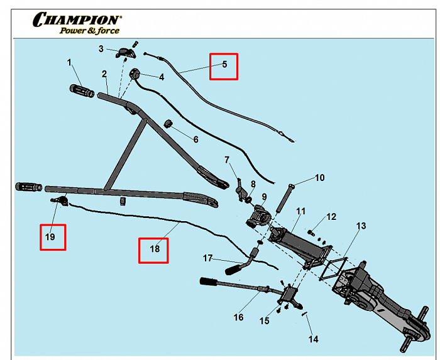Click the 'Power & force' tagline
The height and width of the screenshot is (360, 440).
click(89, 30)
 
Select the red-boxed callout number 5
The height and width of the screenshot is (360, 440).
click(224, 65)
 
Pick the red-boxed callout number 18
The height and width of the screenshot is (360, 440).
click(153, 249)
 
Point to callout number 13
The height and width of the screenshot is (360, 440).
click(360, 226)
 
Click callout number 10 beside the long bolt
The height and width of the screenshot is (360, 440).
click(319, 178)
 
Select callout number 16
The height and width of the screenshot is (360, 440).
click(238, 317)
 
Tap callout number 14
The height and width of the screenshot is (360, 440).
click(313, 339)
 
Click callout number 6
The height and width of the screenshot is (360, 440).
click(195, 138)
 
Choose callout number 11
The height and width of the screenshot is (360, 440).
click(300, 211)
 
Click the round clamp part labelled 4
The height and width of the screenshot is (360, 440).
click(136, 75)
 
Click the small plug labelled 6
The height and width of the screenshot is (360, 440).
click(169, 123)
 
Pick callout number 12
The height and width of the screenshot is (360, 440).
click(331, 217)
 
